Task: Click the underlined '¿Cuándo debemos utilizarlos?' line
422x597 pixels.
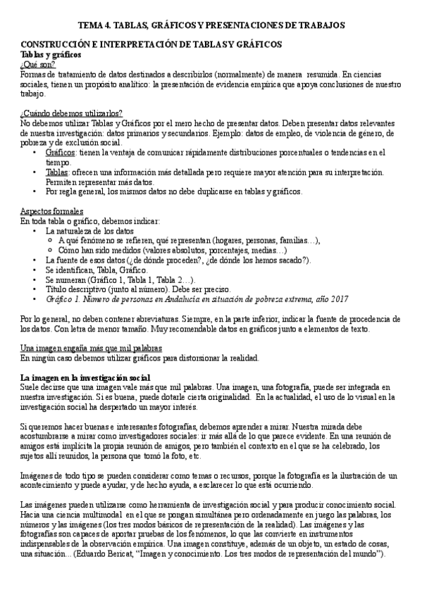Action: [71, 113]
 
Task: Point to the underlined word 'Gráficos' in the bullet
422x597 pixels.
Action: [61, 152]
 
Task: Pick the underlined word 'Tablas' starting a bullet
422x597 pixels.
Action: [58, 172]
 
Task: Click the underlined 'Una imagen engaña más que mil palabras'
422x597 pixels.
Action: [92, 348]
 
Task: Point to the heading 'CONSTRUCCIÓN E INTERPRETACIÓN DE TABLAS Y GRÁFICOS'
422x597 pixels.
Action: [151, 44]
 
